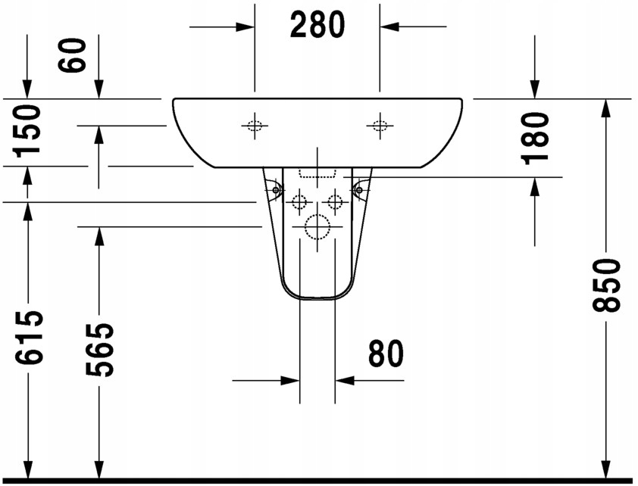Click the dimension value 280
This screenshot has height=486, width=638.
[x=317, y=26]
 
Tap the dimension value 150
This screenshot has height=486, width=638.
[x=28, y=130]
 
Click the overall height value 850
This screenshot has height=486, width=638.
[x=606, y=285]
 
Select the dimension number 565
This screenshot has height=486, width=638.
[x=99, y=350]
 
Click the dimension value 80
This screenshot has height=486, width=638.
[x=386, y=354]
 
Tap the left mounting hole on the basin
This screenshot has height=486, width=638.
[x=255, y=126]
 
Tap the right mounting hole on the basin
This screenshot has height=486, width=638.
[x=380, y=126]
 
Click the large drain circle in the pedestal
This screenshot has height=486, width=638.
[x=317, y=226]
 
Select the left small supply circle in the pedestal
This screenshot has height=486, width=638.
[x=299, y=201]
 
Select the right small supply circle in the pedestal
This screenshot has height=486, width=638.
[x=335, y=201]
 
